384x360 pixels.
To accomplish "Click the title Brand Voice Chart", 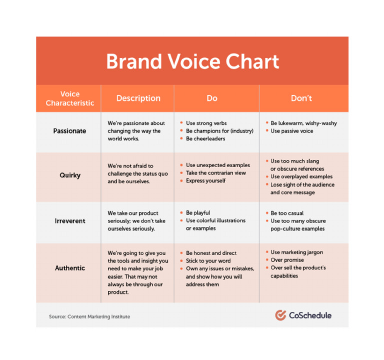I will pos(192,61).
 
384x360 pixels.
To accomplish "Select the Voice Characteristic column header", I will pos(69,98).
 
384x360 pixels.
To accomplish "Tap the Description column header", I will pos(138,98).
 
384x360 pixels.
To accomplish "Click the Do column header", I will pos(212,98).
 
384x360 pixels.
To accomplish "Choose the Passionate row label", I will pos(69,131).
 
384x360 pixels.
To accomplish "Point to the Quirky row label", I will pos(69,175).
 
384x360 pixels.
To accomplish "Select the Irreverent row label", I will pos(69,221).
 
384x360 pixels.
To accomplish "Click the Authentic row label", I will pos(69,268).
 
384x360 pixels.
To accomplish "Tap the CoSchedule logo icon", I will pos(280,315).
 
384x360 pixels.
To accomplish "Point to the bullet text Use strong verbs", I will pos(206,123).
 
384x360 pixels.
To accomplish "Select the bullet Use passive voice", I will pos(291,131).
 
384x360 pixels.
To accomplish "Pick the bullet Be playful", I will pos(198,212).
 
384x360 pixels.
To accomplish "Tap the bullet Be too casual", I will pos(287,213).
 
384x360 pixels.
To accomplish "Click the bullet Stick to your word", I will pos(208,261).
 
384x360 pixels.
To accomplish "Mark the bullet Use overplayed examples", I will pos(301,176).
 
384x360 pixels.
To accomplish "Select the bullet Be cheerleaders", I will pos(205,138).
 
